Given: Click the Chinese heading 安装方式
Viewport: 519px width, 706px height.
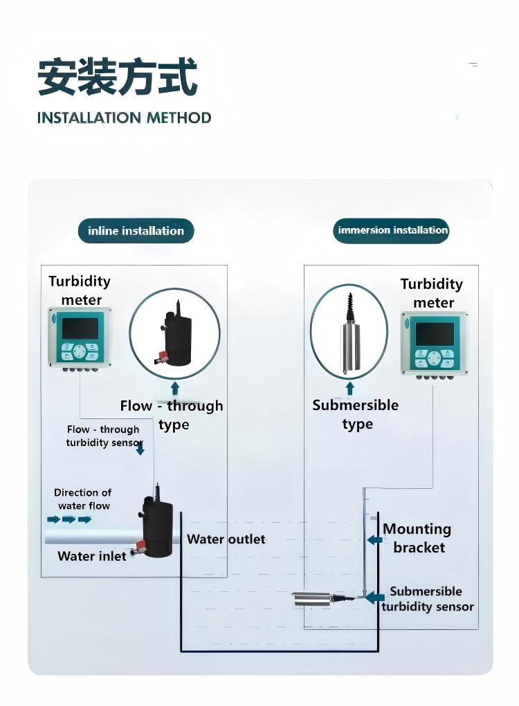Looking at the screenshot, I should tap(117, 77).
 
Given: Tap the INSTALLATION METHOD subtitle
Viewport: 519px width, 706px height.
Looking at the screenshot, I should tap(124, 118).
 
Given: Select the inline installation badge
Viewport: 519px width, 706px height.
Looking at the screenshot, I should tap(136, 231).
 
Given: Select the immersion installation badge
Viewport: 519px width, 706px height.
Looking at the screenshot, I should tap(392, 230).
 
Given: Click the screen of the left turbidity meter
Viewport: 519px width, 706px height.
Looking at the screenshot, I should tap(80, 328).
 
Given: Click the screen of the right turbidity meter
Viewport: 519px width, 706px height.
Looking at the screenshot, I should tap(434, 334).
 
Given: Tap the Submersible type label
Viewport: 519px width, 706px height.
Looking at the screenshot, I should tap(356, 414).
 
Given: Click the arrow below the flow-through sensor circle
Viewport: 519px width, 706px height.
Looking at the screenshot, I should tap(175, 387).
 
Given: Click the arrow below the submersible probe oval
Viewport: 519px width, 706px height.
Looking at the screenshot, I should tap(349, 387).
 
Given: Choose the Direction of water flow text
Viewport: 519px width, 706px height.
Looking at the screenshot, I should tap(82, 499).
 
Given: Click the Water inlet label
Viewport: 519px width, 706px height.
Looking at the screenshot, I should tap(92, 556).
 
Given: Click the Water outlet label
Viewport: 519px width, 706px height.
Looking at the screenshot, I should tap(226, 539).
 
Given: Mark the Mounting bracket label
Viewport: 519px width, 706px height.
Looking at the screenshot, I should tap(417, 538).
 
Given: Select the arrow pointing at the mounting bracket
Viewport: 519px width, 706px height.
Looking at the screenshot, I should tap(374, 539).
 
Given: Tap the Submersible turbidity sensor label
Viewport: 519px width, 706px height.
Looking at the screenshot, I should tap(427, 599).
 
